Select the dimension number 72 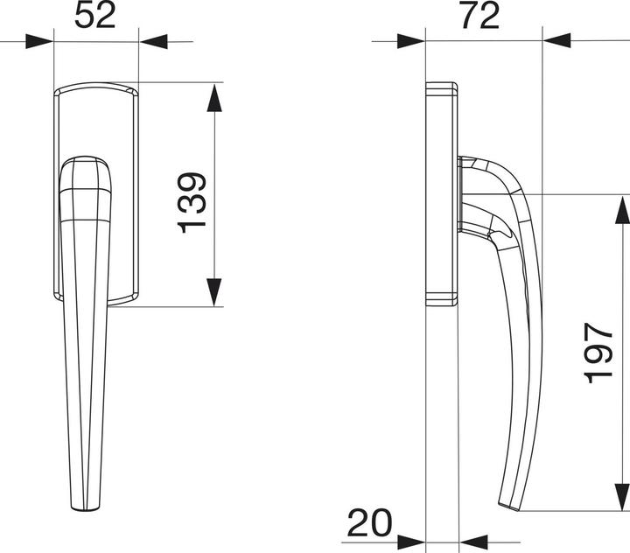[x=479, y=16]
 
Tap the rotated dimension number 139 [x=192, y=202]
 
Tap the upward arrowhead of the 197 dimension [x=620, y=211]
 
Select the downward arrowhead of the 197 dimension [x=620, y=494]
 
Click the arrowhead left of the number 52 [x=39, y=41]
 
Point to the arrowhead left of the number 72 [x=410, y=41]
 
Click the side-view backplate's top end [x=442, y=87]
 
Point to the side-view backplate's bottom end [x=442, y=299]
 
